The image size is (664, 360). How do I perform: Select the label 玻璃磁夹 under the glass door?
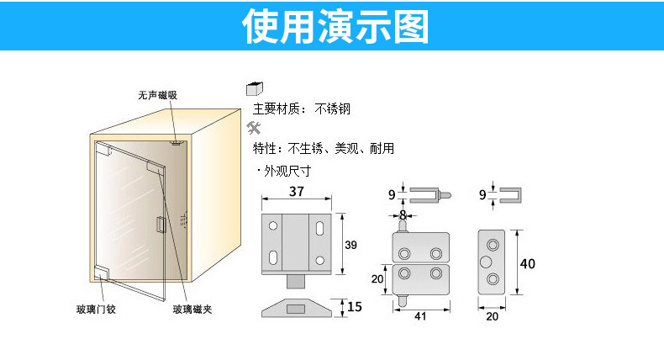tap(192, 310)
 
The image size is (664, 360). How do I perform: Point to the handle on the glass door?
tap(161, 225)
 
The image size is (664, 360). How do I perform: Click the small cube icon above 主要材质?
tap(253, 90)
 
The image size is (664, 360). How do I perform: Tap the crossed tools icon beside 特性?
tap(253, 129)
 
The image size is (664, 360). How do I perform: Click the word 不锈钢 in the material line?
tap(332, 109)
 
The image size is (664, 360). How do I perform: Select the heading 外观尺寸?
tap(287, 170)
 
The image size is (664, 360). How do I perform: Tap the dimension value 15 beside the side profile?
tap(354, 307)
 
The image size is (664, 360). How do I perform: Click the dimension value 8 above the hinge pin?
tap(403, 215)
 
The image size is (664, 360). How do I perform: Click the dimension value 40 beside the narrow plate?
tap(527, 263)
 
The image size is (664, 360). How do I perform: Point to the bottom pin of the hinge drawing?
tap(403, 299)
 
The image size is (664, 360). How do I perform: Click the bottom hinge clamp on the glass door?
tap(103, 273)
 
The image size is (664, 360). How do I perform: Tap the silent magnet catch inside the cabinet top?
tap(176, 144)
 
